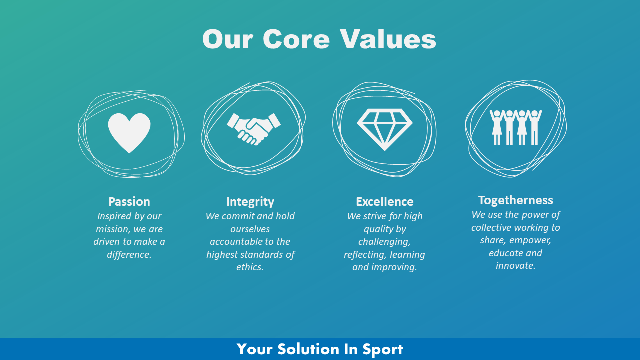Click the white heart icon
click(x=129, y=132)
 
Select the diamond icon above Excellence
click(x=384, y=129)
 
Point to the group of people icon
click(x=515, y=127)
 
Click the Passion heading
click(x=129, y=202)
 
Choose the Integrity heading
click(x=250, y=202)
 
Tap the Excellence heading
click(x=385, y=202)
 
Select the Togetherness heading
click(x=515, y=200)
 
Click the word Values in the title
click(x=388, y=39)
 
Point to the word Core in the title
click(x=296, y=39)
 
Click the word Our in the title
click(x=227, y=39)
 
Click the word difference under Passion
click(x=128, y=255)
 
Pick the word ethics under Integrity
click(x=250, y=267)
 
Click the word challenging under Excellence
click(x=384, y=242)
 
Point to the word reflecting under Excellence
click(x=365, y=255)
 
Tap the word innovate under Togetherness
click(x=515, y=266)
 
